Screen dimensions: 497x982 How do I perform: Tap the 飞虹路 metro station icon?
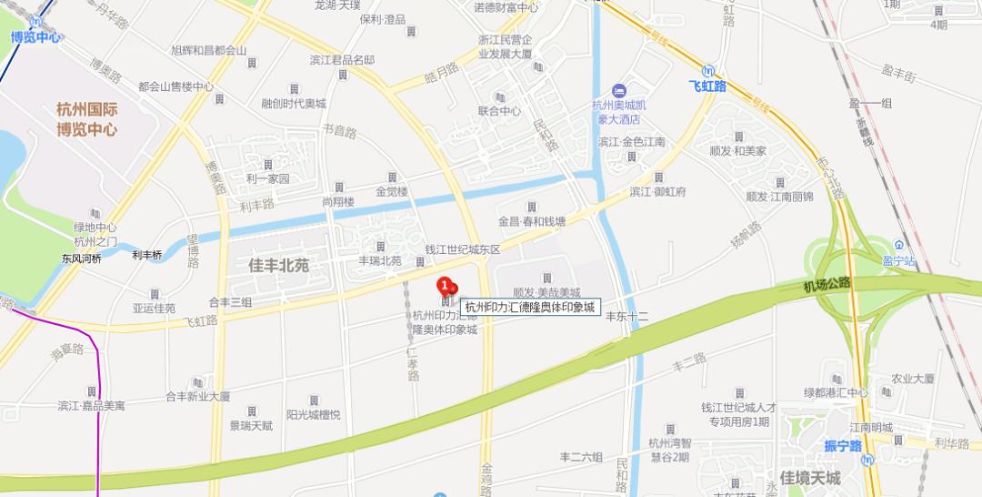pos(708,70)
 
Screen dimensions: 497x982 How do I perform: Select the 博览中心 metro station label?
pos(35,37)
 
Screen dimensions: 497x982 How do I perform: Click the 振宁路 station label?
pos(842,446)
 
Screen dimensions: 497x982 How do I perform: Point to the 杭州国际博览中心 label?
pos(86,119)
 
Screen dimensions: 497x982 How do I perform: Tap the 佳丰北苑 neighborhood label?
pos(278,266)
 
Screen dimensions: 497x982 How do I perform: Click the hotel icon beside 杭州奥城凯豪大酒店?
pos(618,89)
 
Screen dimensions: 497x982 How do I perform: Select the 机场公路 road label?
pos(827,284)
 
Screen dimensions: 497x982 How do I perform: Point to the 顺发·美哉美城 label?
pos(546,292)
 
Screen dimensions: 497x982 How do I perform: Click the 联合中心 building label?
pos(499,111)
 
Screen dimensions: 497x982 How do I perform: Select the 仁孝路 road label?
pos(414,362)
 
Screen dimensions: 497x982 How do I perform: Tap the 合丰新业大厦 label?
pos(197,397)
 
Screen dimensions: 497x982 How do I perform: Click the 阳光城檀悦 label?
pos(313,414)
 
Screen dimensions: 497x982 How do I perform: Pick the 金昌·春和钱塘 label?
pos(532,221)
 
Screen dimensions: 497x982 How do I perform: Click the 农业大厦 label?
pos(912,379)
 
